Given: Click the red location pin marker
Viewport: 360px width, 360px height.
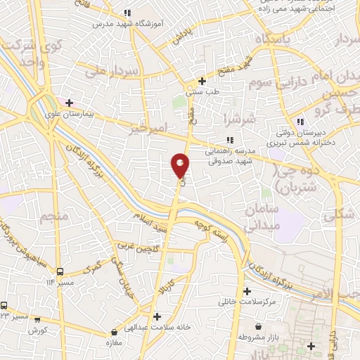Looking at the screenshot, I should coord(180,165).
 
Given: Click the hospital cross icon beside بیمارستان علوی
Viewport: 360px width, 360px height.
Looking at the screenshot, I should coord(70,103).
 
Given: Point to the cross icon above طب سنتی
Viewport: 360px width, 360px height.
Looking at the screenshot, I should coord(202,80).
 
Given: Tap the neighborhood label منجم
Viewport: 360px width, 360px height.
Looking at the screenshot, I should coord(54,216).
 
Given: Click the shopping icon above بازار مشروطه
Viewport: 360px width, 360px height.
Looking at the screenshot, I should coord(259,326).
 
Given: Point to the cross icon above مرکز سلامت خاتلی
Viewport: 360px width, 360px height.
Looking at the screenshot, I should coord(246,291).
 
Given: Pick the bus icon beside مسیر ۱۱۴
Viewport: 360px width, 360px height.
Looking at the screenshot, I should coord(59,271).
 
